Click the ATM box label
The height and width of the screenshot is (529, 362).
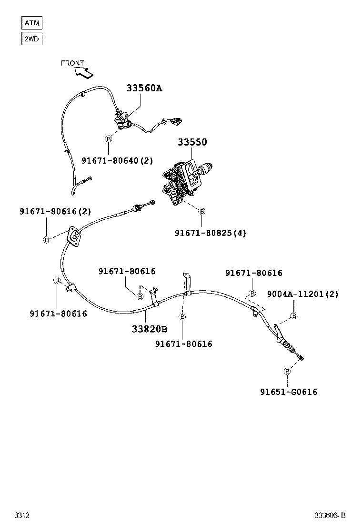point(32,22)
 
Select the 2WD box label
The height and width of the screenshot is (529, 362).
point(32,39)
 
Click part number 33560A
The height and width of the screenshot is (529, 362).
point(144,88)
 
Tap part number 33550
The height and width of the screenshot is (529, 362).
point(192,142)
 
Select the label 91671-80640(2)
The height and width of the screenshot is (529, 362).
point(117,161)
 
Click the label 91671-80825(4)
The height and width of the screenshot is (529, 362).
point(211,233)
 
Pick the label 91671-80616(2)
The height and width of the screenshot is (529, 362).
point(55,211)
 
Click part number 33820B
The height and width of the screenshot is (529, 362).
point(150,329)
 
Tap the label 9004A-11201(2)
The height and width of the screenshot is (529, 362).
point(302,294)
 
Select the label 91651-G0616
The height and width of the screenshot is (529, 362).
point(289,392)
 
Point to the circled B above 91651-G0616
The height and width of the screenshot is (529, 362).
point(287,371)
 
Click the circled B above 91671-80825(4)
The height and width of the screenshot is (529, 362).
point(202,211)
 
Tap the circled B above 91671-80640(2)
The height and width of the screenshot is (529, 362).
point(109,139)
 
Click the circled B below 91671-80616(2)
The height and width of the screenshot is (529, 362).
point(47,239)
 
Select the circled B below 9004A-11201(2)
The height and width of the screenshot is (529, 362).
point(294,315)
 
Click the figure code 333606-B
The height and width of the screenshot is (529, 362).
point(330,515)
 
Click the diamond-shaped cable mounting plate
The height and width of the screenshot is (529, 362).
point(74,236)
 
